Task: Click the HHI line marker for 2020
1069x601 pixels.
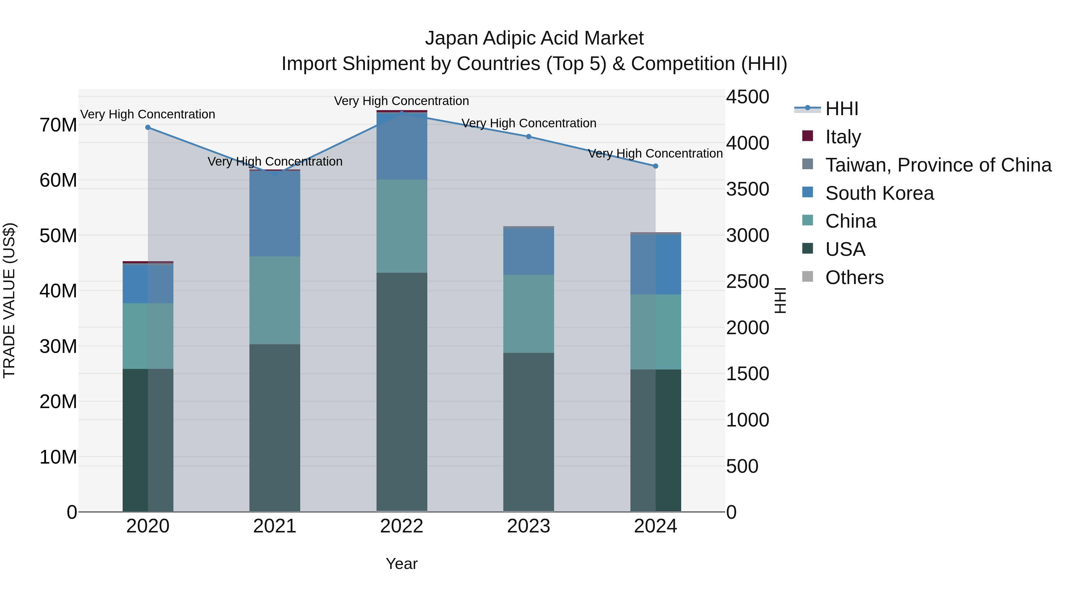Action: point(148,127)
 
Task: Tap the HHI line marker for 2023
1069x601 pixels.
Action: point(528,137)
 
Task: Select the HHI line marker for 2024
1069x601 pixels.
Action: point(655,166)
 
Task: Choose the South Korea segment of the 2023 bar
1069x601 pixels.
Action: point(528,251)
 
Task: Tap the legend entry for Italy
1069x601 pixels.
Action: point(843,137)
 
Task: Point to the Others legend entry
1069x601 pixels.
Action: point(854,277)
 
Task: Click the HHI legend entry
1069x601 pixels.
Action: point(842,109)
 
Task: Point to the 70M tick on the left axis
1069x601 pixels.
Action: point(58,125)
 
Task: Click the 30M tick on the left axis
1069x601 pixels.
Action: point(58,346)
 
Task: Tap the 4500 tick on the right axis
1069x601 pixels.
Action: point(747,97)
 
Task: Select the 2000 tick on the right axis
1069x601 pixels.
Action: point(747,328)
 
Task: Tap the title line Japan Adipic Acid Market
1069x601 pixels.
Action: point(534,38)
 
